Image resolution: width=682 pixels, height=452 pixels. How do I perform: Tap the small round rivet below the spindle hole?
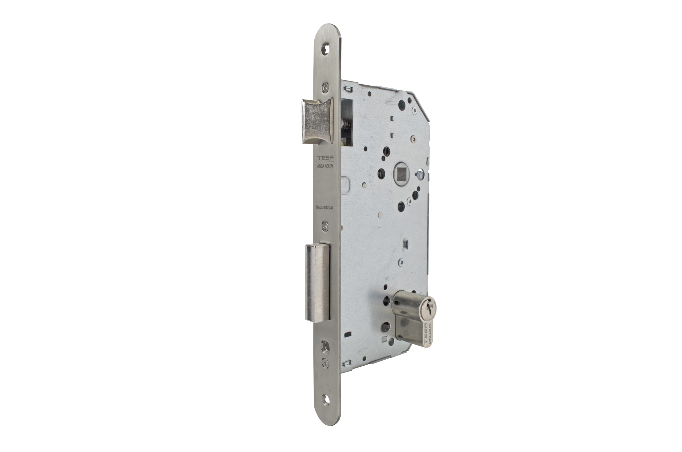(x=380, y=216)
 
